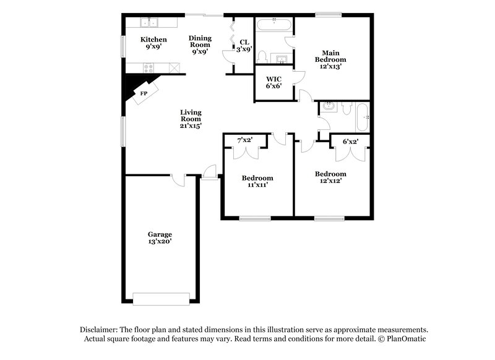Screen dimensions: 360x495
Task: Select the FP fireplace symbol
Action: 144,93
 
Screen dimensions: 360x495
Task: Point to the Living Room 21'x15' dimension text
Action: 191,126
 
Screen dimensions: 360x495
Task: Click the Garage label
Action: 159,234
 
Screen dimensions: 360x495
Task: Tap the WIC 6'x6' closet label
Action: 274,83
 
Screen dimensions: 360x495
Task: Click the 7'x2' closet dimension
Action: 246,140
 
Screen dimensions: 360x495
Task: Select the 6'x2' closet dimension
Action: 350,142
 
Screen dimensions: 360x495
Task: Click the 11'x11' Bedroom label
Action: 257,181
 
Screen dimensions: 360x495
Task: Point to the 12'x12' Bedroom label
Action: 330,178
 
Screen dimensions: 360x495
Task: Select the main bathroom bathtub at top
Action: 274,25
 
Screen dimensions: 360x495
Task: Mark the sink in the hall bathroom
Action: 329,106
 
